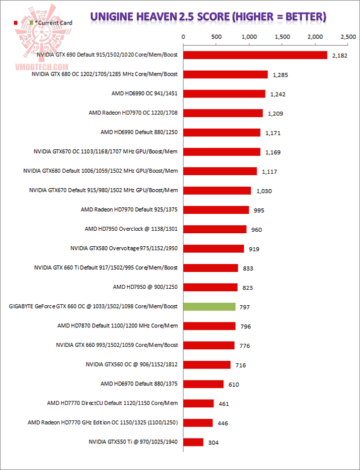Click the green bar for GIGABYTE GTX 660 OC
209,306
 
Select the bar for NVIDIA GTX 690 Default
255,55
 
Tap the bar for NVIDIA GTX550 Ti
193,442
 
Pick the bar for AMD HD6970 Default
203,384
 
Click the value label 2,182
339,56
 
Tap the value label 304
214,442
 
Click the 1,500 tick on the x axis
282,37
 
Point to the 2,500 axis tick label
348,37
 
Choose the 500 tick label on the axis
216,37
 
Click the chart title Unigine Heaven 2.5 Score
208,17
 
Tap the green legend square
31,23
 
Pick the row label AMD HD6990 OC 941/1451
144,93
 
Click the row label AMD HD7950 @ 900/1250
145,287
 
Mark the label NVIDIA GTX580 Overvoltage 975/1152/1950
124,248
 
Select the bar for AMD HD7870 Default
209,326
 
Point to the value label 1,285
281,75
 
